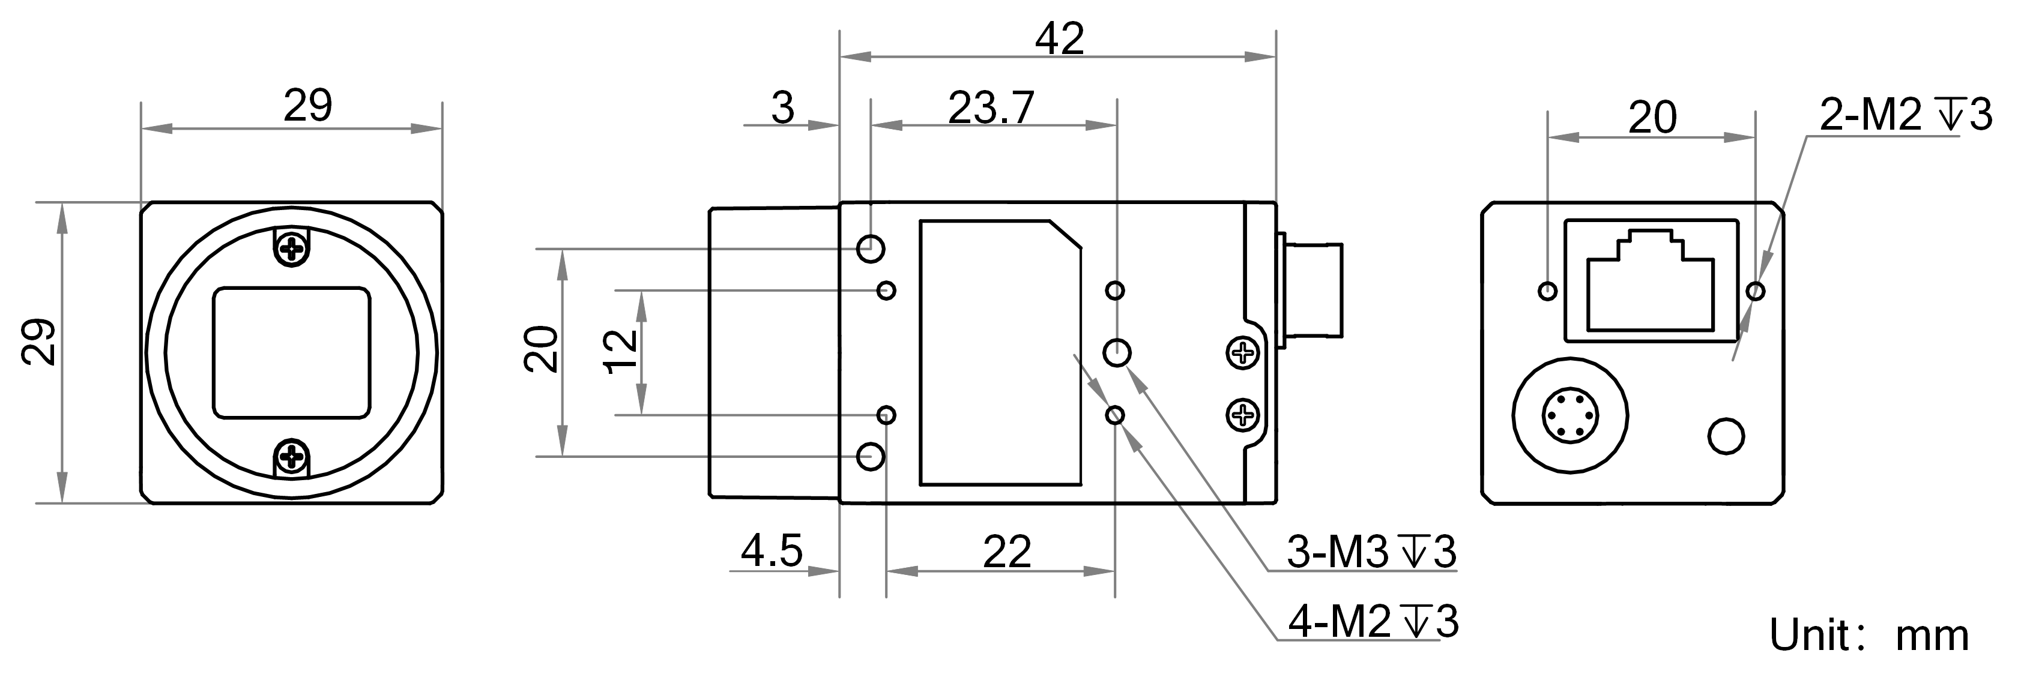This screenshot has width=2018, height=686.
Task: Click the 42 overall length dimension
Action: pos(1059,39)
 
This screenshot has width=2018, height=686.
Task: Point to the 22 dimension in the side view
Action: pos(1007,552)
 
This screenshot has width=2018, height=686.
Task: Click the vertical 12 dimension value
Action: pos(623,352)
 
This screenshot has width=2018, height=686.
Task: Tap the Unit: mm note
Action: pos(1868,634)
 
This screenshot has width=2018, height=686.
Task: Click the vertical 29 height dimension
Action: pos(39,341)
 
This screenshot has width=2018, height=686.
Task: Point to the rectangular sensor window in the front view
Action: pos(291,352)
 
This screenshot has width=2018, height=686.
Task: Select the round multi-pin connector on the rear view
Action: pos(1570,415)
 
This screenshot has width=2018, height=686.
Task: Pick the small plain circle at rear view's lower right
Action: pos(1726,436)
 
